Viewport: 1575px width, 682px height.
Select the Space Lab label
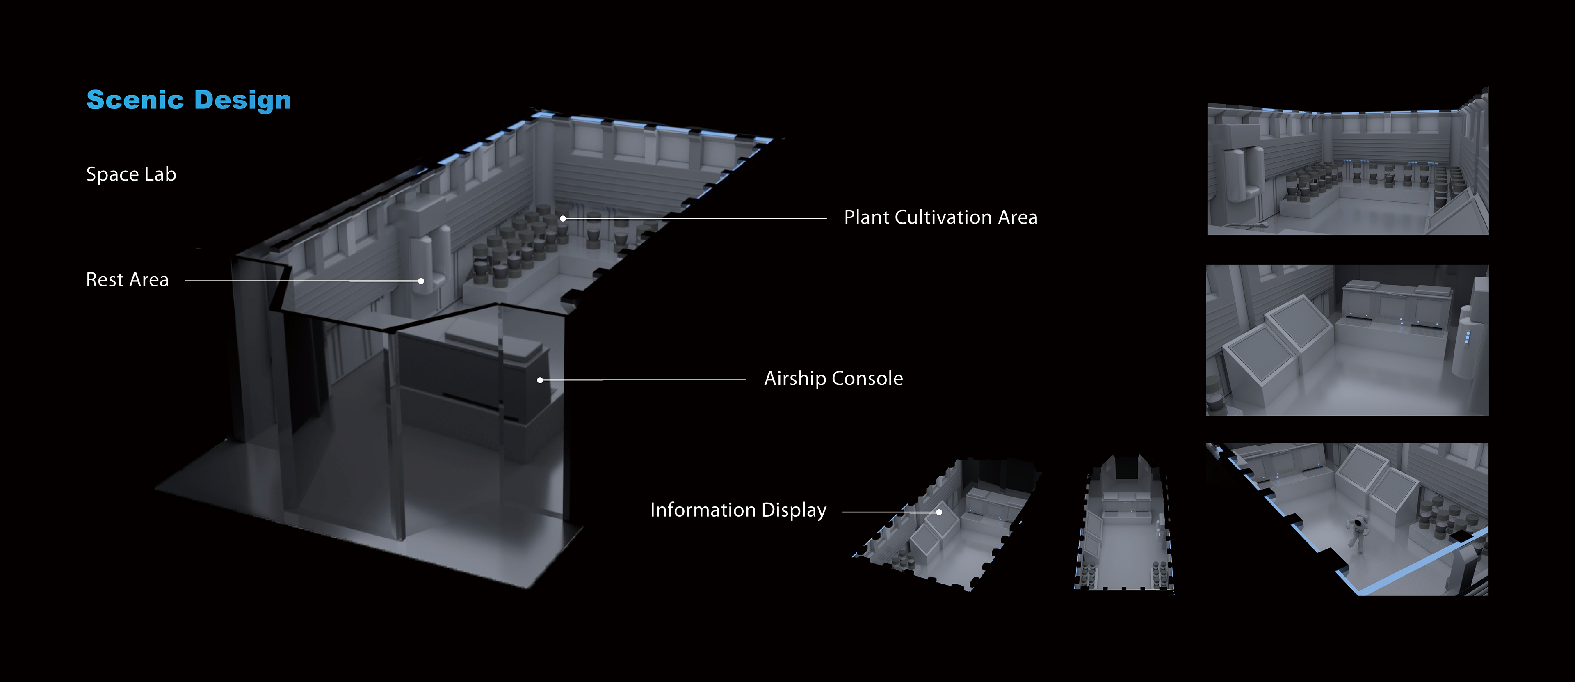coord(131,174)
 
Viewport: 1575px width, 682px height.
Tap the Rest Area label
coord(127,279)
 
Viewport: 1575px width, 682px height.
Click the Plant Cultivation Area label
coord(940,217)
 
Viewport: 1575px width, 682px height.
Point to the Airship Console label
coord(833,379)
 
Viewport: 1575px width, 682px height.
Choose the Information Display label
coord(738,510)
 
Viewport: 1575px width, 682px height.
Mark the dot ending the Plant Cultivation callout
coord(562,218)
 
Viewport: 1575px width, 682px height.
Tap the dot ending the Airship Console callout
coord(540,380)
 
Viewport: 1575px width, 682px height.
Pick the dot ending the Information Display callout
coord(938,513)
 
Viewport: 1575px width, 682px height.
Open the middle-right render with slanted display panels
coord(1347,340)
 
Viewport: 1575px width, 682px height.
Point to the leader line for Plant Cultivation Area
coord(734,218)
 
